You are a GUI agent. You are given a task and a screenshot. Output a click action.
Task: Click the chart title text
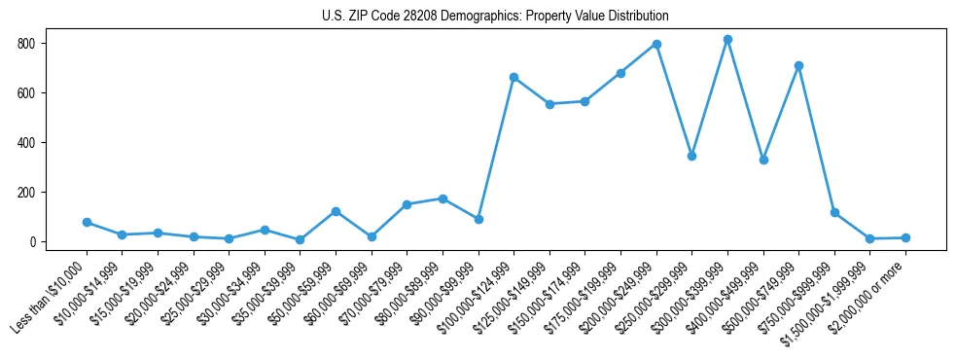495,16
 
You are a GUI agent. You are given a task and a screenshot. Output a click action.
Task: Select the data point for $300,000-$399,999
727,40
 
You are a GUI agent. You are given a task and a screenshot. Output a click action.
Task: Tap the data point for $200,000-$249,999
656,45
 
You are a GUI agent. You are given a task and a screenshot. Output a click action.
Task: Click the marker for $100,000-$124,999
513,78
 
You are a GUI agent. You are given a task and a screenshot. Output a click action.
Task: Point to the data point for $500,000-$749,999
798,66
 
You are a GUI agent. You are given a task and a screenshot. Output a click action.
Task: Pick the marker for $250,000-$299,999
691,156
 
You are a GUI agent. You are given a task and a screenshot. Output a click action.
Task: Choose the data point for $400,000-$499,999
763,160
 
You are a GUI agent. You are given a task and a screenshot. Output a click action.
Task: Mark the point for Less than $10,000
87,223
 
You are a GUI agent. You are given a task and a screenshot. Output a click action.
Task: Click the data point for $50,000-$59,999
336,211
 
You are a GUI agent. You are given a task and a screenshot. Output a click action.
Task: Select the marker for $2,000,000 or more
905,237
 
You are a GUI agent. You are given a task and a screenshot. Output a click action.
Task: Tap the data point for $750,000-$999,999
834,212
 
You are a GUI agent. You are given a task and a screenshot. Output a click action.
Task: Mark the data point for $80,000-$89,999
443,198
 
